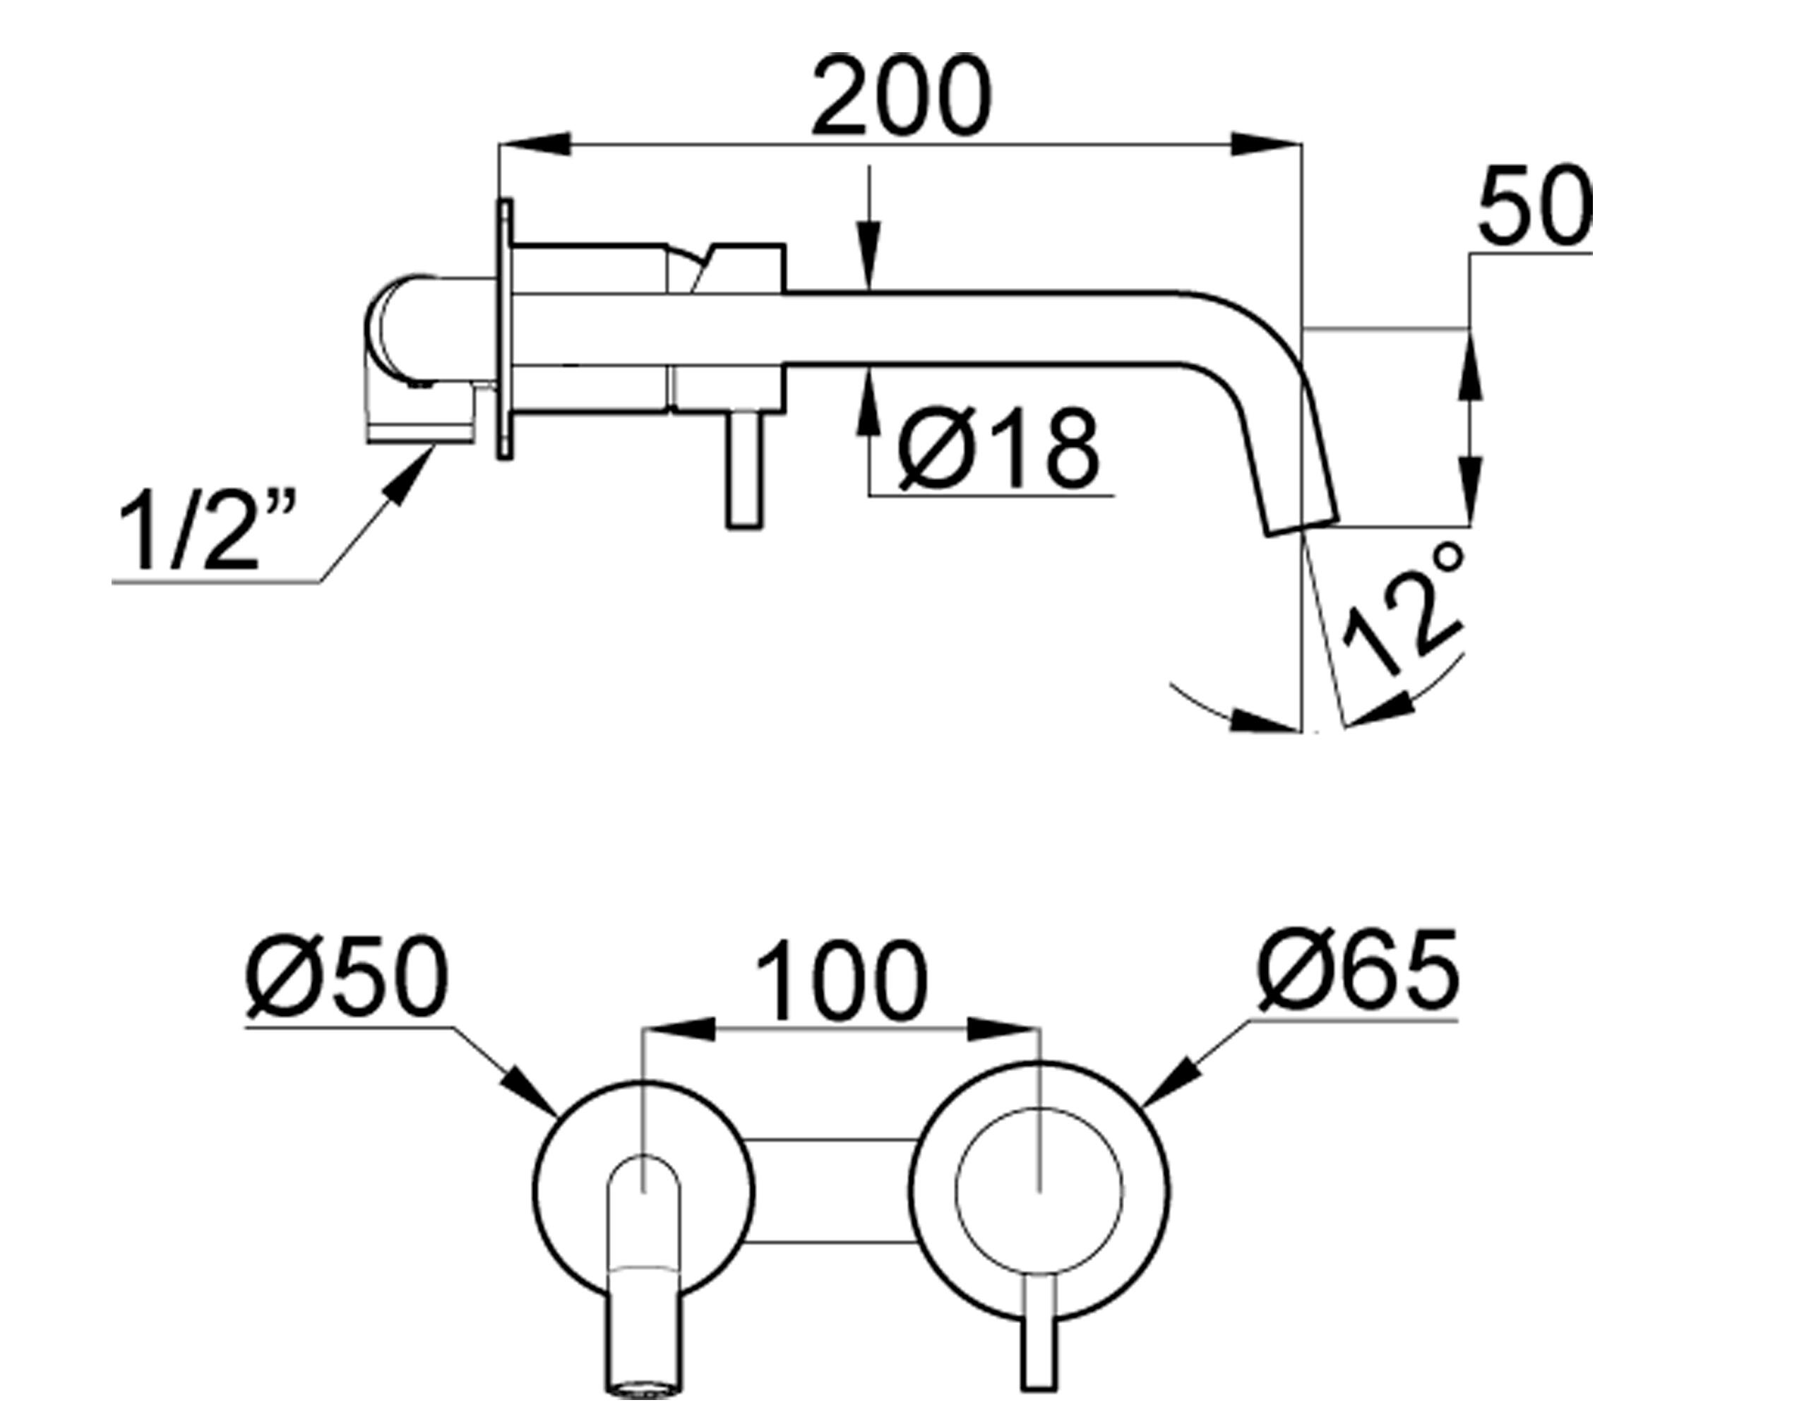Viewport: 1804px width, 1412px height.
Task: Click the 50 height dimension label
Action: [1534, 206]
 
